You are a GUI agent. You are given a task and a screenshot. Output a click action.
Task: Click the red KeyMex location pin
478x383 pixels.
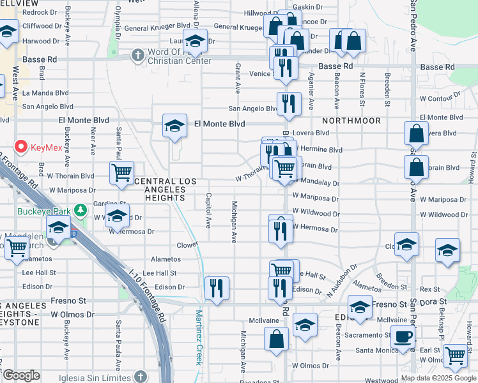tap(20, 147)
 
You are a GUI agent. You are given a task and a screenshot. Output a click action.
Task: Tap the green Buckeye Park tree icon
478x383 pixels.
tap(80, 209)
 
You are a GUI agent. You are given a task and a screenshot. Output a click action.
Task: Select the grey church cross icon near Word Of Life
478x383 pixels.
tap(137, 56)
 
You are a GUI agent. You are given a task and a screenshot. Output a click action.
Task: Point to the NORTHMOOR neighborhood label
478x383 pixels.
tap(351, 121)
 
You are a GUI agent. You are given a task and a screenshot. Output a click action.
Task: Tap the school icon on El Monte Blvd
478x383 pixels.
tap(174, 125)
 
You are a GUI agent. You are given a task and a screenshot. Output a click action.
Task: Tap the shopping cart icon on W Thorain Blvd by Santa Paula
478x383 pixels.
tap(121, 172)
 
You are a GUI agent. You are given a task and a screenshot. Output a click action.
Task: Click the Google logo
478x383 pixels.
tap(20, 375)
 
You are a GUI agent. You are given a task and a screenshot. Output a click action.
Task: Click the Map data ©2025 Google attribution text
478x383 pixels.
tap(438, 378)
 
